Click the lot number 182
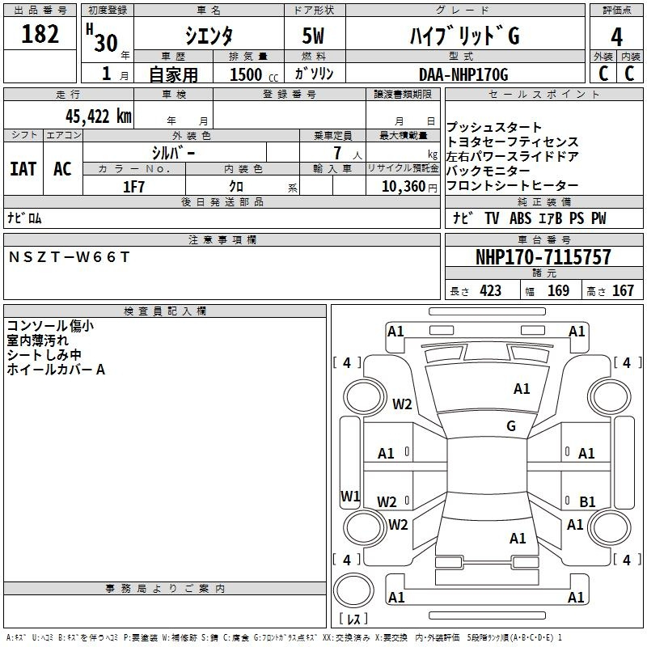point(40,34)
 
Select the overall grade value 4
point(616,37)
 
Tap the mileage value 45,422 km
point(99,116)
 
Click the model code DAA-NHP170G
point(463,74)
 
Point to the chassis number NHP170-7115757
point(543,257)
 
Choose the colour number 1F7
point(133,187)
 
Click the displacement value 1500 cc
point(254,74)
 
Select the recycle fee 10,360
point(404,187)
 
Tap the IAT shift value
point(23,169)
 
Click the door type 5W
point(313,36)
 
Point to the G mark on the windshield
point(511,425)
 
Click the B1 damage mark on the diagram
point(587,501)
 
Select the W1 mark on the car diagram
point(350,496)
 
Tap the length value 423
point(490,291)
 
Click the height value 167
point(623,291)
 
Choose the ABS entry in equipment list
point(520,218)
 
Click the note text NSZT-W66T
point(69,257)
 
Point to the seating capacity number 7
point(337,153)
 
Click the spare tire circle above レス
point(353,590)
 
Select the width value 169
point(558,291)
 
